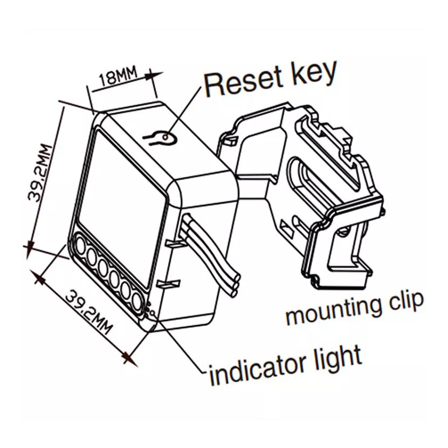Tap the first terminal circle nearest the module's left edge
point(80,246)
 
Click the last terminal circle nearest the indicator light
point(136,300)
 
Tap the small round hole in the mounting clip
point(341,232)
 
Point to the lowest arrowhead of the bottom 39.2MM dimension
point(128,356)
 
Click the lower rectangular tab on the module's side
point(168,282)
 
